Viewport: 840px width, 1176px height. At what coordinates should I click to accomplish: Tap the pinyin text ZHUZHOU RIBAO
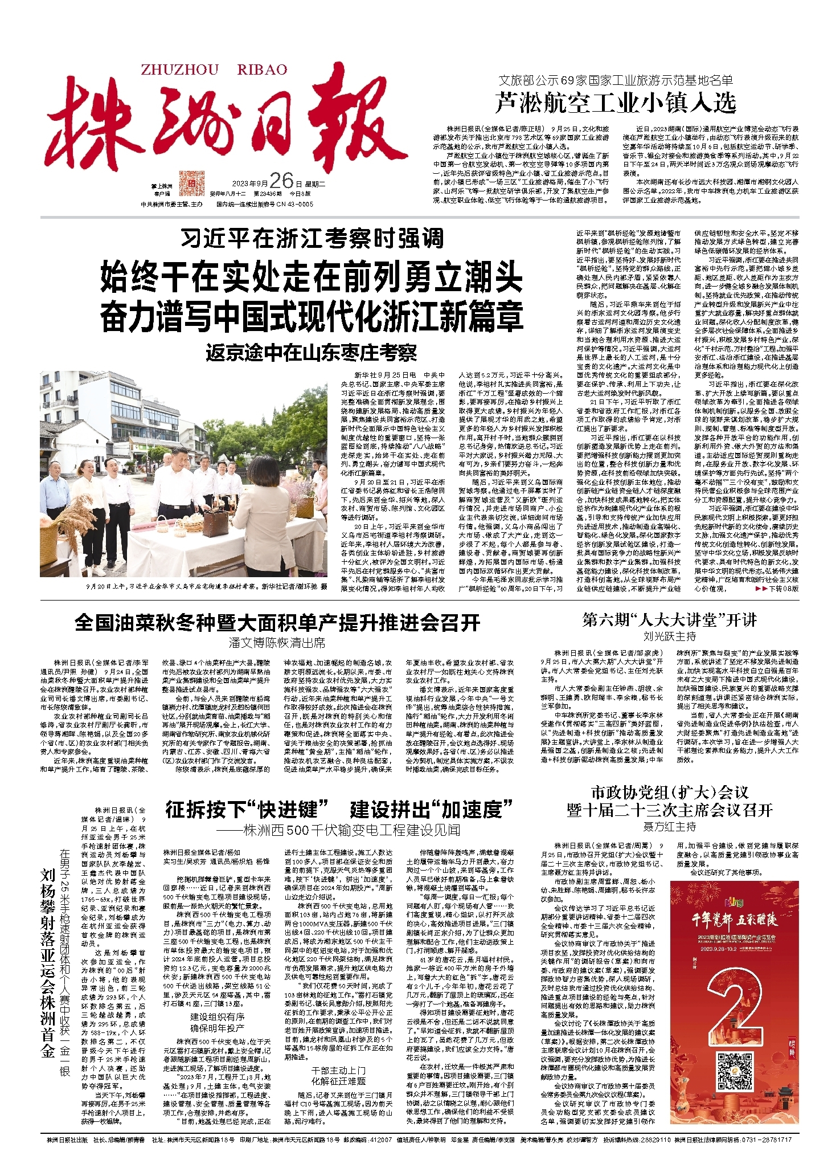coord(214,70)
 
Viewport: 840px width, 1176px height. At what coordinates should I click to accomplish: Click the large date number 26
coord(281,181)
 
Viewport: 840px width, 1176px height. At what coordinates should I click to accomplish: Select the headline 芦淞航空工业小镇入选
coord(616,103)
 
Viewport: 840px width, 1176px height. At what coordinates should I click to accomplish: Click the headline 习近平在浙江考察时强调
coord(312,239)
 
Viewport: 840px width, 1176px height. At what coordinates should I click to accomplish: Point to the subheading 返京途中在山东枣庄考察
coord(312,353)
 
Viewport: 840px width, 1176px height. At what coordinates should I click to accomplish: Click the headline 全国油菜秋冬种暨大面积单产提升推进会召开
coord(277,623)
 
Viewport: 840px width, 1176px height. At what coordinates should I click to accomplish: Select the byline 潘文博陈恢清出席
coord(277,643)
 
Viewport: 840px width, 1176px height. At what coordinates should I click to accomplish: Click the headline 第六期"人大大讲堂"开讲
coord(669,620)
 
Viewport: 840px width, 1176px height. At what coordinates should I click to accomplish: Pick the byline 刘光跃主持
coord(669,636)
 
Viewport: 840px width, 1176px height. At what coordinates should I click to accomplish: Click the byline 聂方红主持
coord(669,826)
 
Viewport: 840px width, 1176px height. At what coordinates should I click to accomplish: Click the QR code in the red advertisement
coord(735,1072)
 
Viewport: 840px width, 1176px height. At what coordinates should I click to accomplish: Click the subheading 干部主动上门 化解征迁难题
coord(338,1076)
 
